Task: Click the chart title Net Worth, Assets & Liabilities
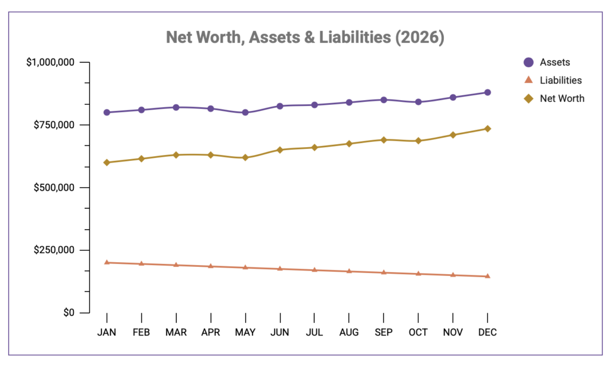click(x=305, y=38)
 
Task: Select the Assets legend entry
click(x=554, y=63)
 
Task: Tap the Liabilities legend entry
click(x=560, y=80)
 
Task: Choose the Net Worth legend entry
click(x=561, y=98)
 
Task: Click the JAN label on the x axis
click(x=107, y=332)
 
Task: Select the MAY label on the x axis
click(x=245, y=332)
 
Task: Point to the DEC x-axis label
click(x=487, y=332)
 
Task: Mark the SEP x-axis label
click(x=384, y=332)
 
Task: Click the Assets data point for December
click(x=487, y=92)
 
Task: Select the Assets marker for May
click(x=245, y=113)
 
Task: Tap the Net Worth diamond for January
click(x=107, y=163)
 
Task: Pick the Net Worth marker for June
click(x=280, y=150)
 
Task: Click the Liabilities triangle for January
click(x=107, y=262)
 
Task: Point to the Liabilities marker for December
click(x=487, y=276)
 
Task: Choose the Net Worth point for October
click(x=418, y=141)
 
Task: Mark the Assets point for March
click(x=176, y=107)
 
